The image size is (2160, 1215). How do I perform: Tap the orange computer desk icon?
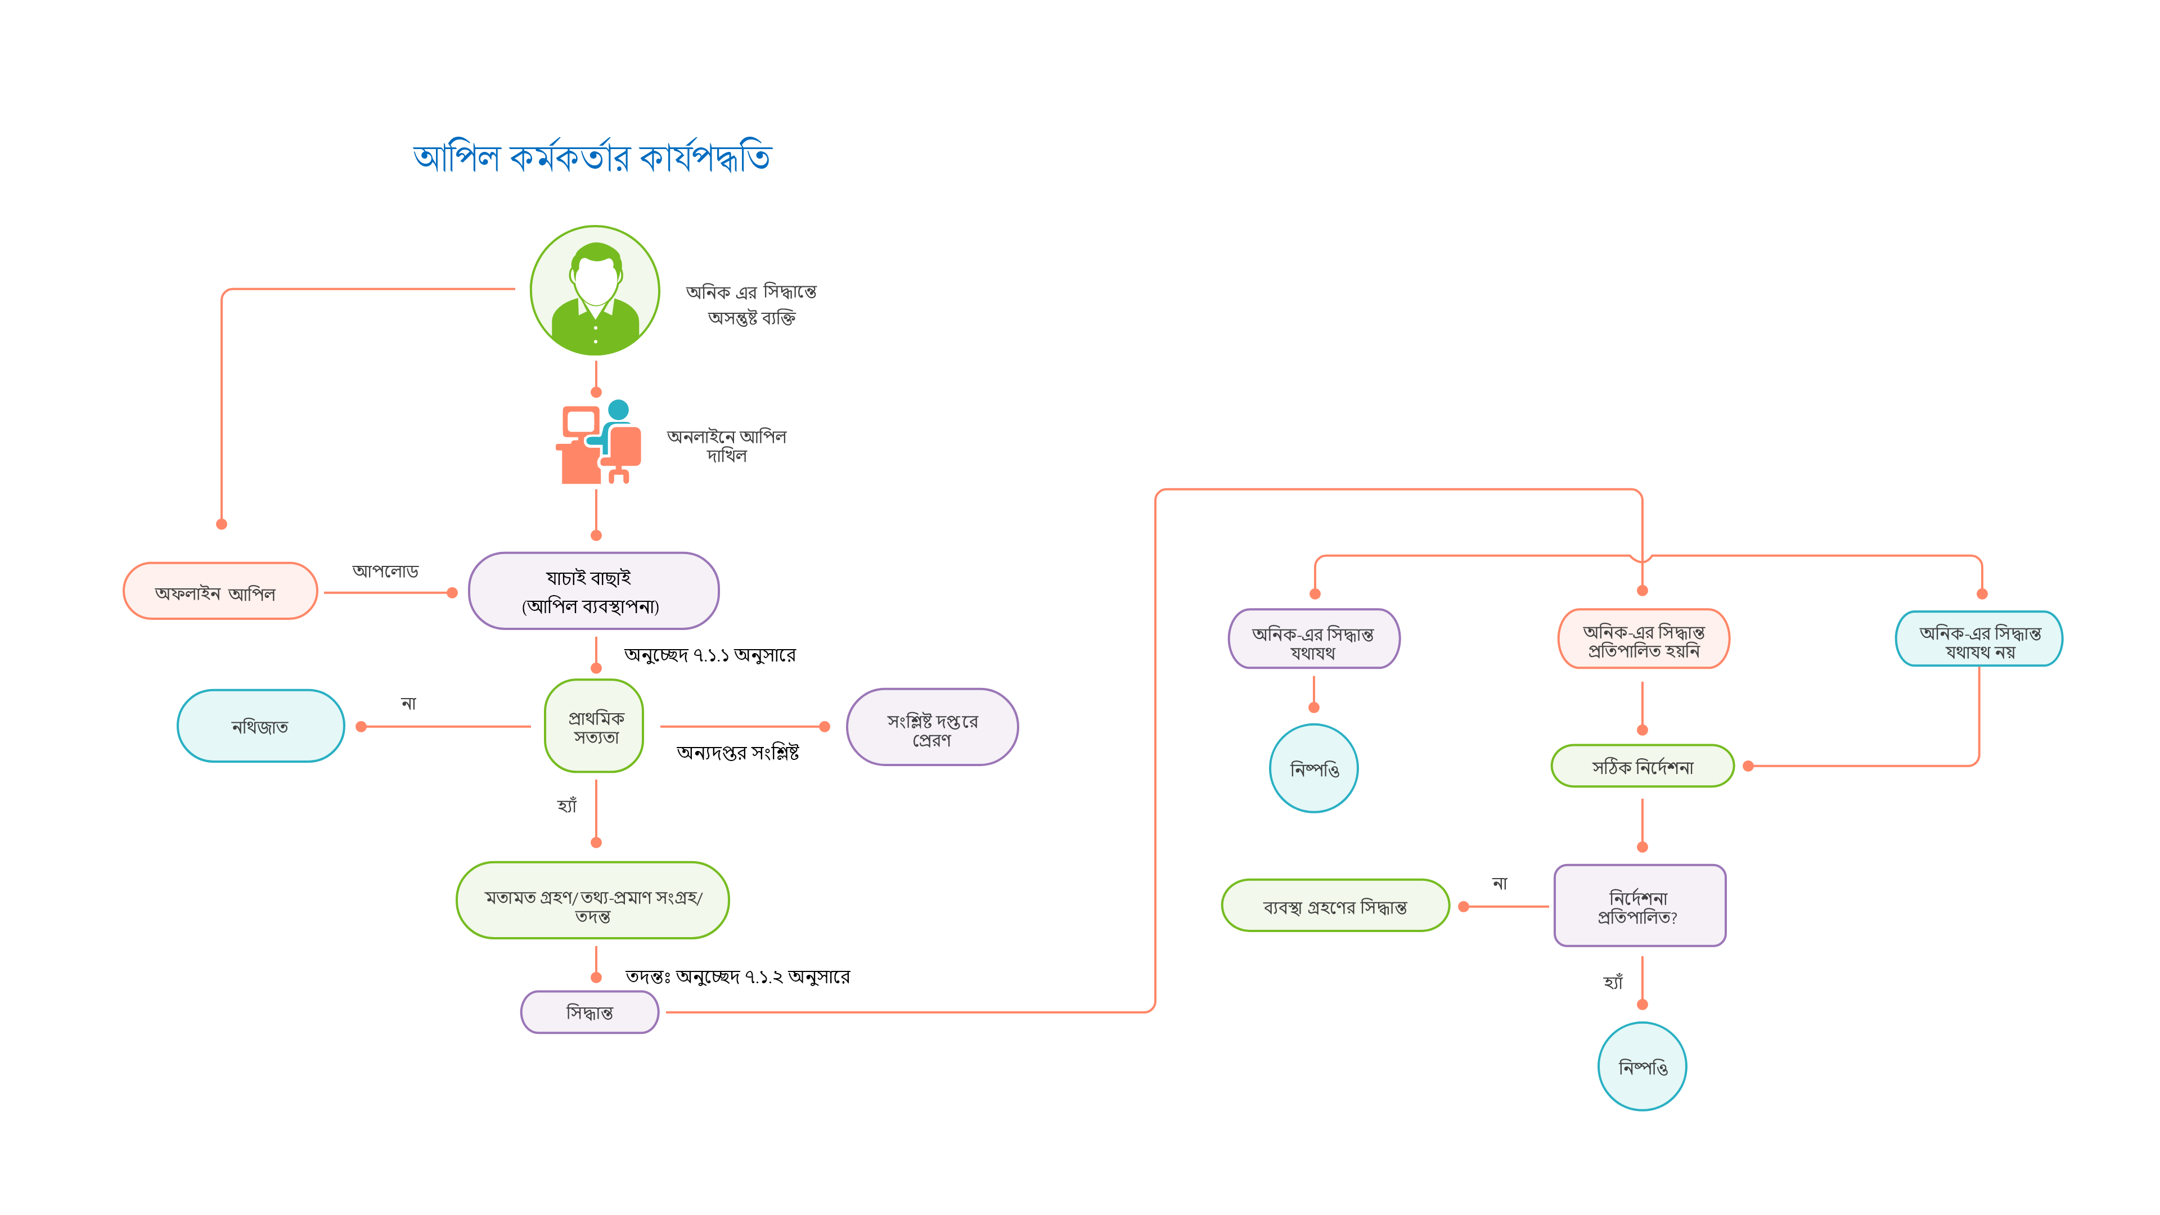tap(598, 443)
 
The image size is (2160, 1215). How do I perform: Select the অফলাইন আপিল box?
tap(220, 592)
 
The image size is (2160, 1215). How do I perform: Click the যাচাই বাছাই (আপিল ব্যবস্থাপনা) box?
tap(593, 591)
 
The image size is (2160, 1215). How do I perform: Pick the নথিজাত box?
tap(261, 726)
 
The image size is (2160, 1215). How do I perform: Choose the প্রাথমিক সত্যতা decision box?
tap(595, 726)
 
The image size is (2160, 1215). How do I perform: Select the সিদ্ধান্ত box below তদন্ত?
tap(589, 1012)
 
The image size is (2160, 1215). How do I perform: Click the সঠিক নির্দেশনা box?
tap(1642, 766)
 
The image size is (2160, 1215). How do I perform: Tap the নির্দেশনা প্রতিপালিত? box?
tap(1639, 906)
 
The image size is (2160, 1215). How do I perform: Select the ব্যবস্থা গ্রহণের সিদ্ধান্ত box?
tap(1335, 906)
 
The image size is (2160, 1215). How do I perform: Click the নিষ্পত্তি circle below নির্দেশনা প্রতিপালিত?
tap(1642, 1066)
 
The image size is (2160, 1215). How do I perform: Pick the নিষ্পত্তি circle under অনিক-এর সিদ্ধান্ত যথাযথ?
tap(1314, 768)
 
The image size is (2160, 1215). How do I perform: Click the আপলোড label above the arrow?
tap(385, 571)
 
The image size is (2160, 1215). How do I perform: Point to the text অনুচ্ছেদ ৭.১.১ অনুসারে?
tap(709, 654)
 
